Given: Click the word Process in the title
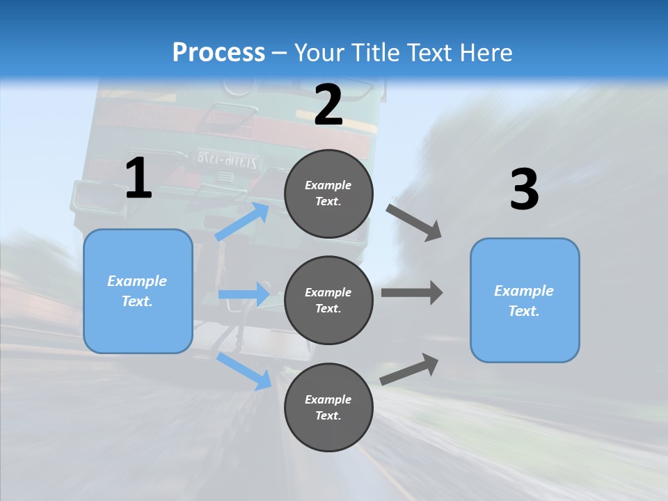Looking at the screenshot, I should tap(218, 52).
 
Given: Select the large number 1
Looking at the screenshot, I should tap(138, 179).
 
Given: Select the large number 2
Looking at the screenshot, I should tap(328, 105).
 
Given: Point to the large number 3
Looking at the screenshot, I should tap(524, 190).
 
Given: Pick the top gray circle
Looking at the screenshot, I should tap(328, 193).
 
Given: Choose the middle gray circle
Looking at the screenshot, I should tap(328, 300).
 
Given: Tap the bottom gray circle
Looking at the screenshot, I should tap(328, 407).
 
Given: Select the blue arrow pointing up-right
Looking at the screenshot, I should tap(242, 221).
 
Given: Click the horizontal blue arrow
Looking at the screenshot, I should tap(244, 294).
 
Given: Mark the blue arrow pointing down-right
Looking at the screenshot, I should tap(244, 371).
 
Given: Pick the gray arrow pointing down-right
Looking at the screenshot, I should tap(414, 222).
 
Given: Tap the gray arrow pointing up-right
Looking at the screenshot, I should tap(410, 369).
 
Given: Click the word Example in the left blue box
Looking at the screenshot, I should tap(137, 281).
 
